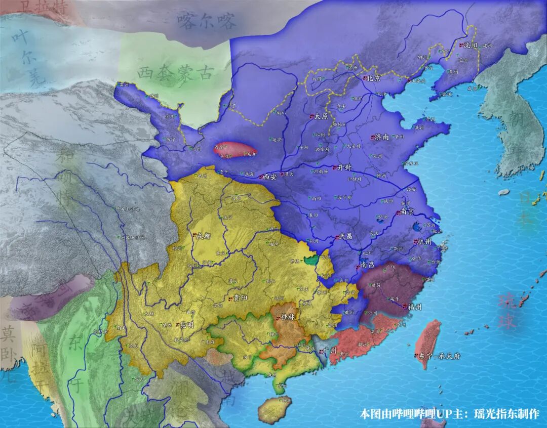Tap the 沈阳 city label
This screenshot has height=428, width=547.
click(x=472, y=45)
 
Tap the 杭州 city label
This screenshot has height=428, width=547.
click(x=424, y=242)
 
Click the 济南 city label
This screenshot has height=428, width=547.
click(x=382, y=137)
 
